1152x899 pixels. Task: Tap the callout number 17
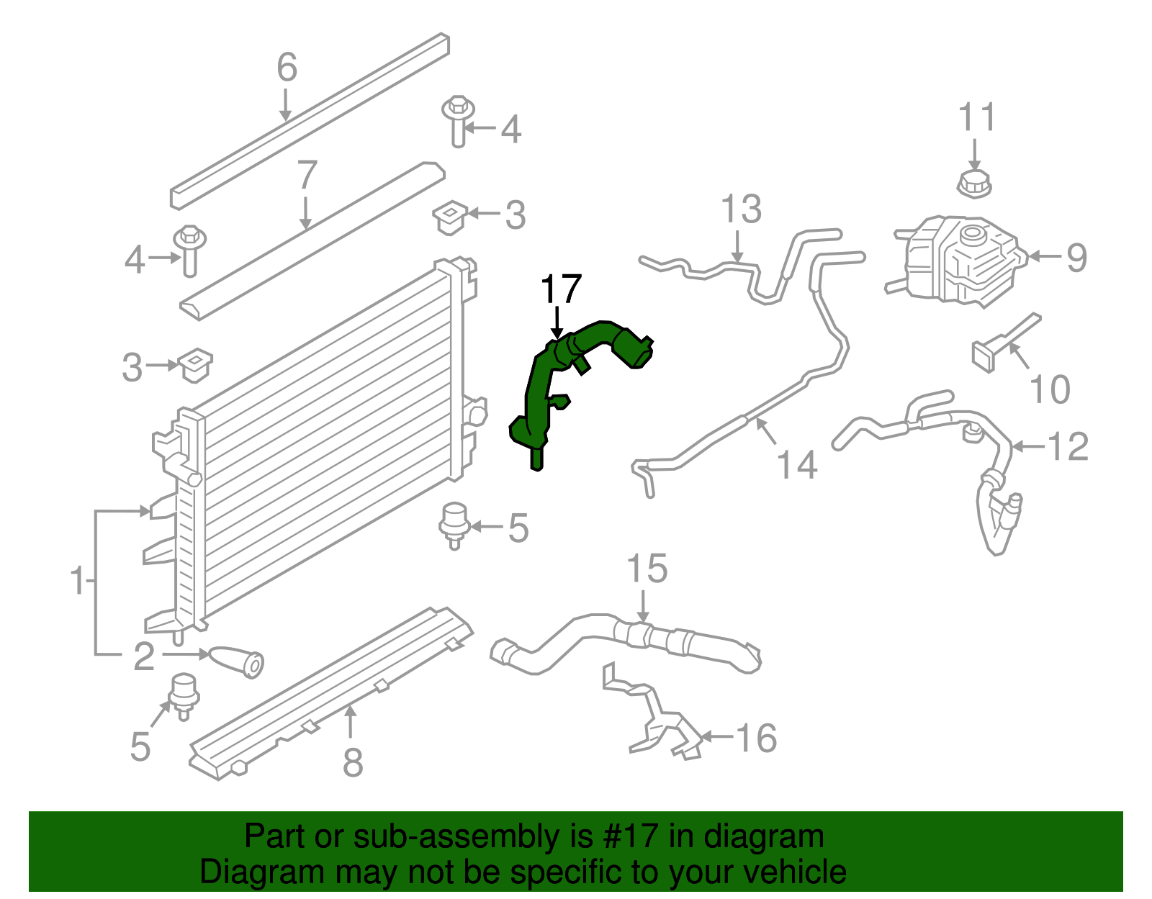click(x=560, y=290)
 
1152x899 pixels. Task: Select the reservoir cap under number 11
click(x=974, y=184)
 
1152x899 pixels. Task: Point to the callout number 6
click(x=287, y=68)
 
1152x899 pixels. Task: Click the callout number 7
click(x=307, y=175)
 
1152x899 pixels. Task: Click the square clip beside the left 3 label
click(x=194, y=366)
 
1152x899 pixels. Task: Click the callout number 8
click(x=352, y=763)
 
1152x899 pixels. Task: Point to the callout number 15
click(x=647, y=569)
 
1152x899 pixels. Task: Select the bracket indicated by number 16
click(x=655, y=720)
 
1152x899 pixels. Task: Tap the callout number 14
click(x=798, y=465)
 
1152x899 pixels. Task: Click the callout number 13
click(x=741, y=209)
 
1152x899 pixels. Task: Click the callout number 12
click(x=1068, y=447)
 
